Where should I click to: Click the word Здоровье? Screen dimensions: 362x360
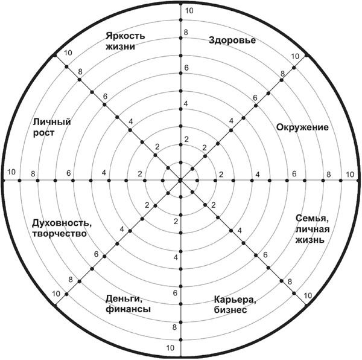232,40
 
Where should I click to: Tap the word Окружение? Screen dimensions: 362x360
302,127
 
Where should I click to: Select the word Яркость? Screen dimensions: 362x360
125,36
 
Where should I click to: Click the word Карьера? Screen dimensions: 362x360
235,300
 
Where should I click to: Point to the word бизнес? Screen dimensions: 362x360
230,310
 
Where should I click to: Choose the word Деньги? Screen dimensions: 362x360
124,299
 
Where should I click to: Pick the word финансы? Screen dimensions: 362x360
128,309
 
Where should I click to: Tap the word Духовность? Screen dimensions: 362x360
62,223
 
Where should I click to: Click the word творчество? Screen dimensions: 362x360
60,234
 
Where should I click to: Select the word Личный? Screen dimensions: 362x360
52,122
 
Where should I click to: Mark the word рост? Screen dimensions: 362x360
43,133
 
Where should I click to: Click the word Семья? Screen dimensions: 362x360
312,219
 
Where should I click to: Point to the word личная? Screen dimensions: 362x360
313,229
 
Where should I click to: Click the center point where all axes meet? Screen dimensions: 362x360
181,180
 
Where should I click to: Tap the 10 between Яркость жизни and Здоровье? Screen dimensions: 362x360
189,11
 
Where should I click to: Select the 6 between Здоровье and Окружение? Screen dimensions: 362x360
255,98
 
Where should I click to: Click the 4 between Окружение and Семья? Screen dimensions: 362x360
258,174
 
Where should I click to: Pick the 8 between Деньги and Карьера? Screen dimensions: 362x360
174,327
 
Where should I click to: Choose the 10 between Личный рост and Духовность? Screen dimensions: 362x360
11,172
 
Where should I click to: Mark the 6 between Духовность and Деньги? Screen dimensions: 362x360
97,254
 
